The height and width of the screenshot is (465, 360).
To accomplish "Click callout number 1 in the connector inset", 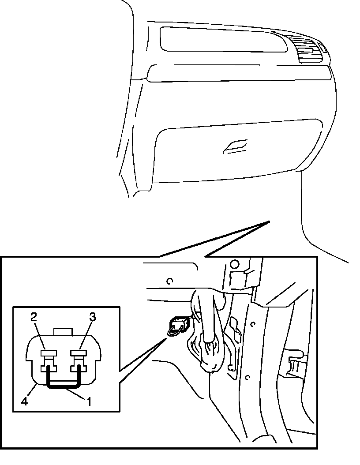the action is (x=90, y=401).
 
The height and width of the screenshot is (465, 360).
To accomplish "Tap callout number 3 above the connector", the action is (x=92, y=316).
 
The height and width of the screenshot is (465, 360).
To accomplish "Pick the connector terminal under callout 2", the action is (x=48, y=352).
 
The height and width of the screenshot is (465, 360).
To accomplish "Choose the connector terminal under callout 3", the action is (x=80, y=352).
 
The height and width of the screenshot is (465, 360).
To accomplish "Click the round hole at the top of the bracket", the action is (x=235, y=264).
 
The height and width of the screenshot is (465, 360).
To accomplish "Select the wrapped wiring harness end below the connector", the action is (x=212, y=353).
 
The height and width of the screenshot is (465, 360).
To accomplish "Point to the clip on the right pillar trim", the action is (x=295, y=364).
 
